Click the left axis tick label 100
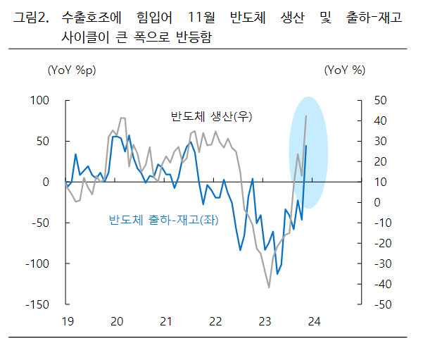click(x=39, y=101)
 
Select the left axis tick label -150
click(x=37, y=304)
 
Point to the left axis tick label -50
click(x=40, y=223)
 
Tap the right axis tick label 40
click(x=380, y=121)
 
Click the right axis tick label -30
click(x=383, y=264)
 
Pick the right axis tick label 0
click(x=377, y=203)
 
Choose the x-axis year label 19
click(x=68, y=321)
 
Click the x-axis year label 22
click(x=215, y=321)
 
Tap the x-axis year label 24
click(x=314, y=321)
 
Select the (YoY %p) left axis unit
click(x=72, y=70)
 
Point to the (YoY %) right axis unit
click(x=345, y=70)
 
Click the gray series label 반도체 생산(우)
click(x=211, y=116)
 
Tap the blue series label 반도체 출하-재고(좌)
click(x=164, y=220)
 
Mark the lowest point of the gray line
click(x=269, y=287)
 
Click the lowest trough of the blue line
click(x=277, y=274)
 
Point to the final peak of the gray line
click(x=306, y=116)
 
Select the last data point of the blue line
click(x=306, y=146)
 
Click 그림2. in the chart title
click(x=31, y=18)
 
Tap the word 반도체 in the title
click(x=248, y=18)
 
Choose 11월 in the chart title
click(x=201, y=18)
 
